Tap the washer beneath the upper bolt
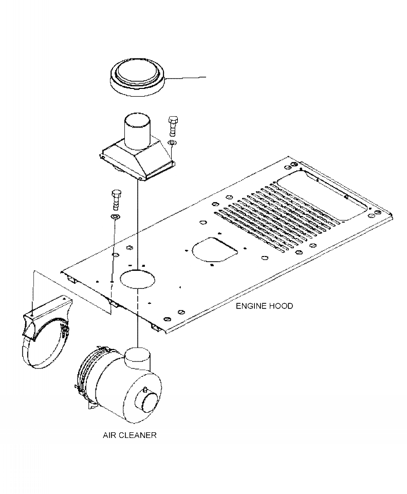click(x=173, y=142)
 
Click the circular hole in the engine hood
click(x=137, y=278)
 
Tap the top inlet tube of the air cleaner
click(x=138, y=356)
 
